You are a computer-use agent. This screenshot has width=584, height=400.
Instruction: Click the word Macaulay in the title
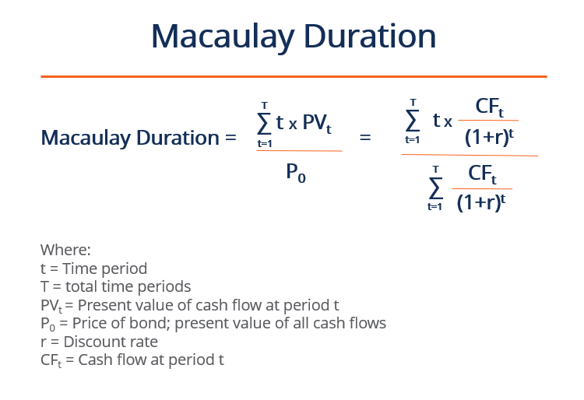pos(220,37)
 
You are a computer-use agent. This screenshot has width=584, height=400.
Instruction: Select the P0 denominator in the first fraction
pos(296,174)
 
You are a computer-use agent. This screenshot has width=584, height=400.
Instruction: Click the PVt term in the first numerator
pos(318,123)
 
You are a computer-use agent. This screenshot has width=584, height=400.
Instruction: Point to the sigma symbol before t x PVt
pos(265,123)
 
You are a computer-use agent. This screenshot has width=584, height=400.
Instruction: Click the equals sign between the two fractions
pos(364,138)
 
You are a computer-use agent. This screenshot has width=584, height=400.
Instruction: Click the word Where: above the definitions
pos(65,251)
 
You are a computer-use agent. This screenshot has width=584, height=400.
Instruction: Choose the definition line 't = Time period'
pos(93,268)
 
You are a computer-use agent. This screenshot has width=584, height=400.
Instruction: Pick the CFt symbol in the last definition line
pos(50,360)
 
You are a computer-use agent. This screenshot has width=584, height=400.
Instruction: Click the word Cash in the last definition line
pos(86,359)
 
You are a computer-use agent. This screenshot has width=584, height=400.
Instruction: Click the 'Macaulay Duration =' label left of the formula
pos(138,138)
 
